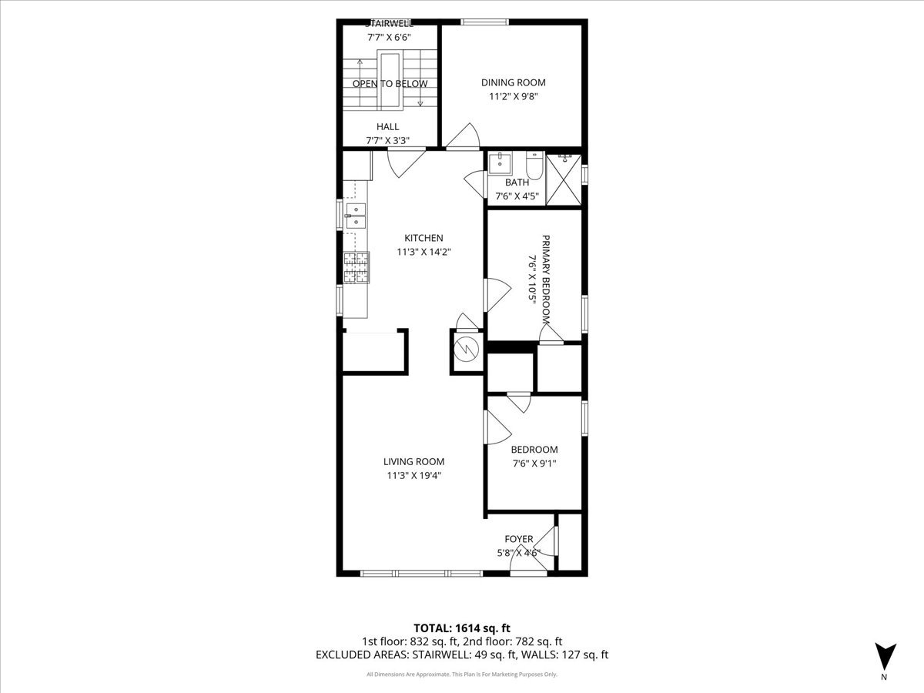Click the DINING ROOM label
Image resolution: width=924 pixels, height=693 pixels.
513,82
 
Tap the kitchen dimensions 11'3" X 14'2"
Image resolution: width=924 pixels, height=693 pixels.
420,251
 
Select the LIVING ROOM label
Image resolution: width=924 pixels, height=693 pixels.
413,462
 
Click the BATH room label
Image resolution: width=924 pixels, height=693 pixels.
517,182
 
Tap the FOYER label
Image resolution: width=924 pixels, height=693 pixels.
518,539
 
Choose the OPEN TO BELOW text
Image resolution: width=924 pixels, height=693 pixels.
390,83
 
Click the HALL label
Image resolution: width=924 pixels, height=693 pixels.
387,127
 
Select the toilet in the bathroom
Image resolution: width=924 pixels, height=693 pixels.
534,165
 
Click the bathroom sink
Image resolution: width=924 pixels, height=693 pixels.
500,163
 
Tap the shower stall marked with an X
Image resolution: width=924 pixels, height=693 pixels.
564,179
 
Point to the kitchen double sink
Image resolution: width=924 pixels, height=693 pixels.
356,216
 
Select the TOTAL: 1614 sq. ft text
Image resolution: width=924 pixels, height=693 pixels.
461,627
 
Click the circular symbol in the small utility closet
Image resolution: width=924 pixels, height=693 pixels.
466,350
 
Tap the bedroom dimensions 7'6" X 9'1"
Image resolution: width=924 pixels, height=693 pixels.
534,463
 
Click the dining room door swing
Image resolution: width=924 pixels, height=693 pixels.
465,138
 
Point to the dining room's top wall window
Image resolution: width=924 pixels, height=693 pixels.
484,22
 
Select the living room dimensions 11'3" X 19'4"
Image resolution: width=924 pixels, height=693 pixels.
413,475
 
